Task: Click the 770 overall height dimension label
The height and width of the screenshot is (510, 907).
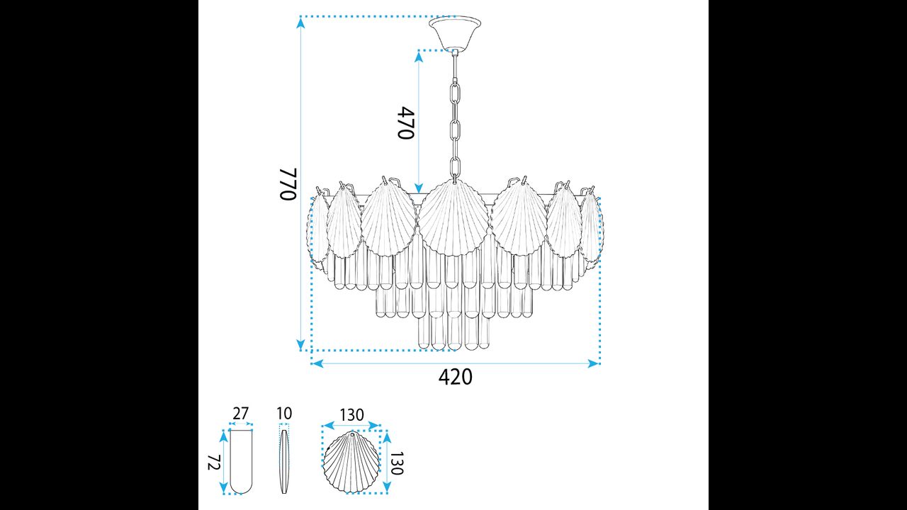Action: coord(288,183)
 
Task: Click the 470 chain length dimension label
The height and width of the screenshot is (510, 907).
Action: coord(406,123)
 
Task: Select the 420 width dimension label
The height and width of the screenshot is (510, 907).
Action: coord(455,378)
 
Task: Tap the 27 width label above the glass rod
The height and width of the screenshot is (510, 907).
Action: coord(240,414)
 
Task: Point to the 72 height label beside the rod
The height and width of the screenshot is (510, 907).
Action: coord(213,463)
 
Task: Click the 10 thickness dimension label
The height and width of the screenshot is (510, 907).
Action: coord(284,414)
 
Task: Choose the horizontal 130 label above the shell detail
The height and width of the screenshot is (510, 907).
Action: coord(351,415)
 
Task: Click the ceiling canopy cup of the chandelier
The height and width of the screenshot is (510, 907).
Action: coord(455,33)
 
